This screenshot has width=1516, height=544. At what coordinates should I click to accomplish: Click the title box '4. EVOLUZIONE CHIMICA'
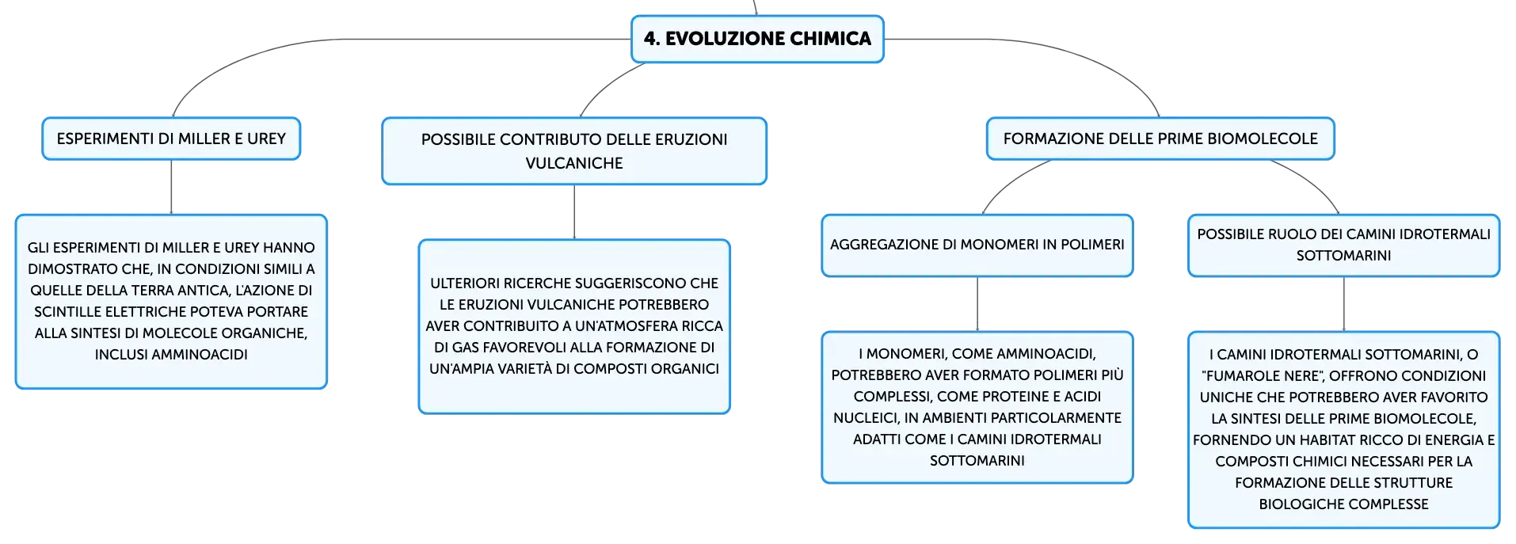[757, 39]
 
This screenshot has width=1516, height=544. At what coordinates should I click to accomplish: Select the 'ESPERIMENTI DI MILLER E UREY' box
[171, 139]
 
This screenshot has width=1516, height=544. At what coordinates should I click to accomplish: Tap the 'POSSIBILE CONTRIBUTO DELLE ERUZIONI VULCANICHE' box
[574, 151]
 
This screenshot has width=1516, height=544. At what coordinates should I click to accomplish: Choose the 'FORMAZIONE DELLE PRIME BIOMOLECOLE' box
[1160, 139]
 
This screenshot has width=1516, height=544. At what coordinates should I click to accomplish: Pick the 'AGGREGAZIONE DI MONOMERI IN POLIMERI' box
[977, 245]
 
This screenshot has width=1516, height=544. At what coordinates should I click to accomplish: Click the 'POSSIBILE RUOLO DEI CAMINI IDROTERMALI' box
[1344, 245]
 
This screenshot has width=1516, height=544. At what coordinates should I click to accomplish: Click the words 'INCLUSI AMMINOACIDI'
[171, 355]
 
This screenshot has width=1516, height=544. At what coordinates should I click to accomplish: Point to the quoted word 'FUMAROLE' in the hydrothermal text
[1282, 376]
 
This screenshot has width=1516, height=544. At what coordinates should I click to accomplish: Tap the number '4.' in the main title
[652, 39]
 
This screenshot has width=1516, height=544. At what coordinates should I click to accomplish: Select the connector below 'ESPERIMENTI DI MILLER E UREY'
[171, 187]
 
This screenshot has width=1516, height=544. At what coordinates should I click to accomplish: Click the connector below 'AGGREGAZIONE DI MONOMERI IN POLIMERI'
[977, 304]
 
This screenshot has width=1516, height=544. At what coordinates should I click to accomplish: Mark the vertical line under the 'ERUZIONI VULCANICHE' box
[574, 212]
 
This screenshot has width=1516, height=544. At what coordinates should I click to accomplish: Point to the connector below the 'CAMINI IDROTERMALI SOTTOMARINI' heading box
[1344, 304]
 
